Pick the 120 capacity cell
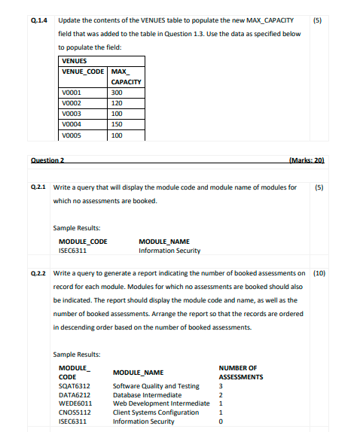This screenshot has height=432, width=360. [x=116, y=103]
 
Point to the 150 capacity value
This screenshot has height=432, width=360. [x=116, y=124]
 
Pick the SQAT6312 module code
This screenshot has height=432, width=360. [x=75, y=386]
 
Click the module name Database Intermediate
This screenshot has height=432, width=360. [x=147, y=395]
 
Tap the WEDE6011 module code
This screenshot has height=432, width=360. [x=75, y=403]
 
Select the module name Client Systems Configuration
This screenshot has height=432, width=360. [x=155, y=412]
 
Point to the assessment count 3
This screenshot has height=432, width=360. [x=221, y=386]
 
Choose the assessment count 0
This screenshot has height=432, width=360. [x=221, y=421]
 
